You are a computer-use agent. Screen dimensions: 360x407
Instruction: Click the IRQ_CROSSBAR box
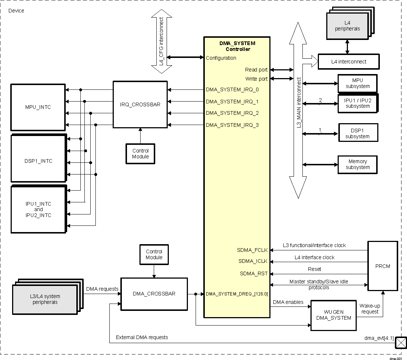(140, 104)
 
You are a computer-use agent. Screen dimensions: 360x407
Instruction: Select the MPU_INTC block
(38, 107)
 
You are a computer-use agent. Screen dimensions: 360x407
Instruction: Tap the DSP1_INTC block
(39, 161)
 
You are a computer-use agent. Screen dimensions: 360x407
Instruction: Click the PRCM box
(383, 266)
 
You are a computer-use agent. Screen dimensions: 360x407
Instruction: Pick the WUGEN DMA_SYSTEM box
(334, 315)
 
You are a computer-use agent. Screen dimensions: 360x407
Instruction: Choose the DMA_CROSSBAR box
(154, 294)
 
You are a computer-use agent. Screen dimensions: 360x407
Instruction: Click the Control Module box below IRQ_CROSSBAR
(140, 154)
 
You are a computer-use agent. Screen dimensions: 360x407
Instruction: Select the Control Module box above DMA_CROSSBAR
(154, 254)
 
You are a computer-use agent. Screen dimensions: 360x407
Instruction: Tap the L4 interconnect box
(348, 62)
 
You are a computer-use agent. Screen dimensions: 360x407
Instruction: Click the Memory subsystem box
(357, 164)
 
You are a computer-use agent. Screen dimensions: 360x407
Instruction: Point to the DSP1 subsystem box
(357, 133)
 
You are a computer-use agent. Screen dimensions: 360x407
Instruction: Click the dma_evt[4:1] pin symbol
(400, 343)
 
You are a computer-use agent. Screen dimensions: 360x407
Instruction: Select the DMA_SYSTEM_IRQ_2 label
(232, 113)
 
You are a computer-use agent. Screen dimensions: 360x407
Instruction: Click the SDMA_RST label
(254, 273)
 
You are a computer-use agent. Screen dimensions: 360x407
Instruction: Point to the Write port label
(256, 79)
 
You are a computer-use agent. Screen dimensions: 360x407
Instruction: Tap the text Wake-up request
(369, 309)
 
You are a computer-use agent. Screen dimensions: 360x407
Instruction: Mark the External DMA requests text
(142, 337)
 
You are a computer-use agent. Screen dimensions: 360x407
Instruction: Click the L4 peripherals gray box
(347, 26)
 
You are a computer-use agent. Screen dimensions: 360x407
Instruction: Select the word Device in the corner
(16, 11)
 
